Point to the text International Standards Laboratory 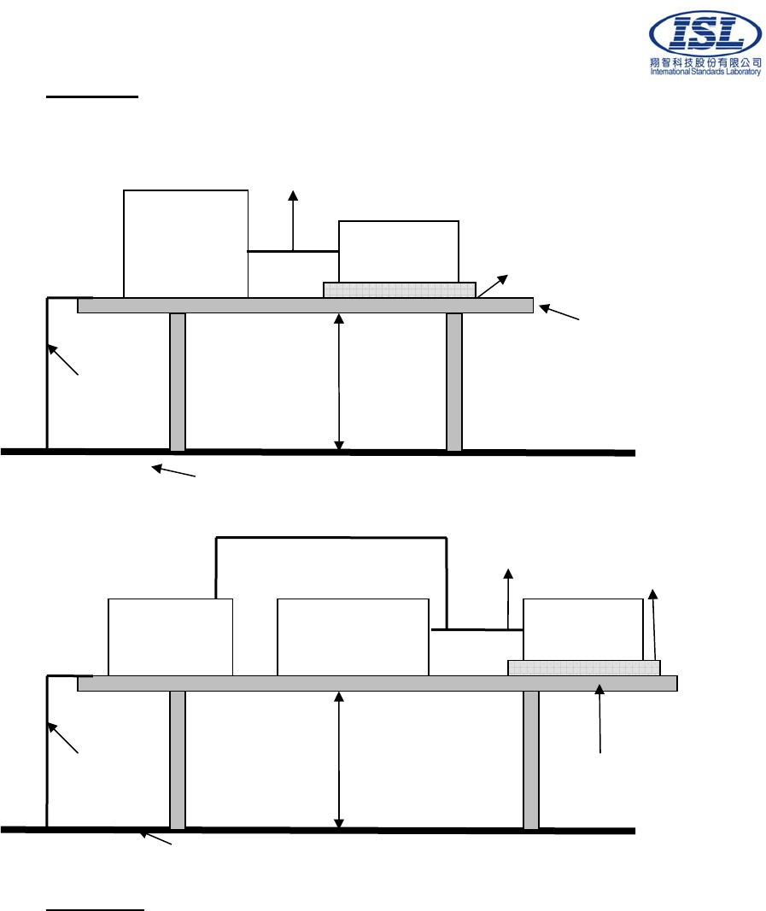click(x=705, y=73)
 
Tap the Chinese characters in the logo click(x=705, y=63)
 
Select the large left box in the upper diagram click(x=185, y=243)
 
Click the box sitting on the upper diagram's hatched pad click(x=399, y=251)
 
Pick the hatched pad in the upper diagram click(x=399, y=290)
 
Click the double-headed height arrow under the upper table click(x=339, y=382)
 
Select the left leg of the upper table click(x=178, y=382)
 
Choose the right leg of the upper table click(x=454, y=382)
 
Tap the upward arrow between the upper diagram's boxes click(x=293, y=219)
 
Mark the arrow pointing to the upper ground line click(x=174, y=470)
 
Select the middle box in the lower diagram click(x=353, y=637)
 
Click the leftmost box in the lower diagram click(x=170, y=637)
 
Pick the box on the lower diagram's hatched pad click(x=582, y=629)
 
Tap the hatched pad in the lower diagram click(x=583, y=668)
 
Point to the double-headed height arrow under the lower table click(x=339, y=760)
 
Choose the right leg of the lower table click(x=531, y=760)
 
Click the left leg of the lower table click(x=178, y=760)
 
